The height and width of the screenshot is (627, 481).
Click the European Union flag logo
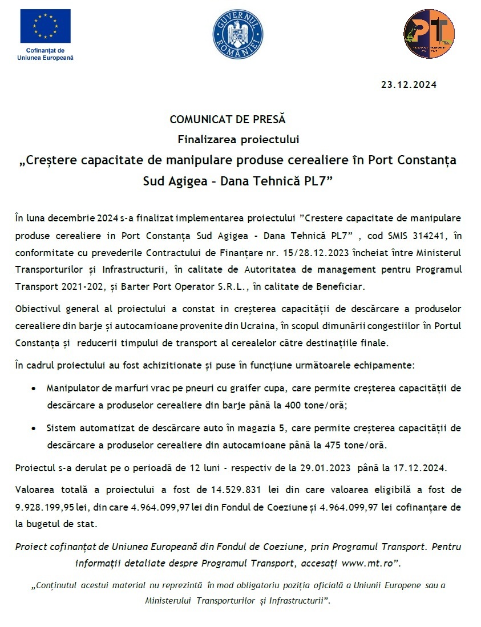coord(46,26)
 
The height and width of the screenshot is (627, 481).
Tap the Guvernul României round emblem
coord(238,34)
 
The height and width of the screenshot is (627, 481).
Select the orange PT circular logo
coord(429,34)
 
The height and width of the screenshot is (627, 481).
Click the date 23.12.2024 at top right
coord(409,85)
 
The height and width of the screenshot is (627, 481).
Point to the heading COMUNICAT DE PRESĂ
coord(227,120)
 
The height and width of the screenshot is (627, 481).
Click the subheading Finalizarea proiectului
coord(239,139)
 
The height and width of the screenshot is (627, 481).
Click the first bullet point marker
coord(35,389)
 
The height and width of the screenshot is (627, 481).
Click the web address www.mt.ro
coord(368,563)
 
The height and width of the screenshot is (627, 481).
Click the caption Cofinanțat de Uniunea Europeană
coord(46,54)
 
